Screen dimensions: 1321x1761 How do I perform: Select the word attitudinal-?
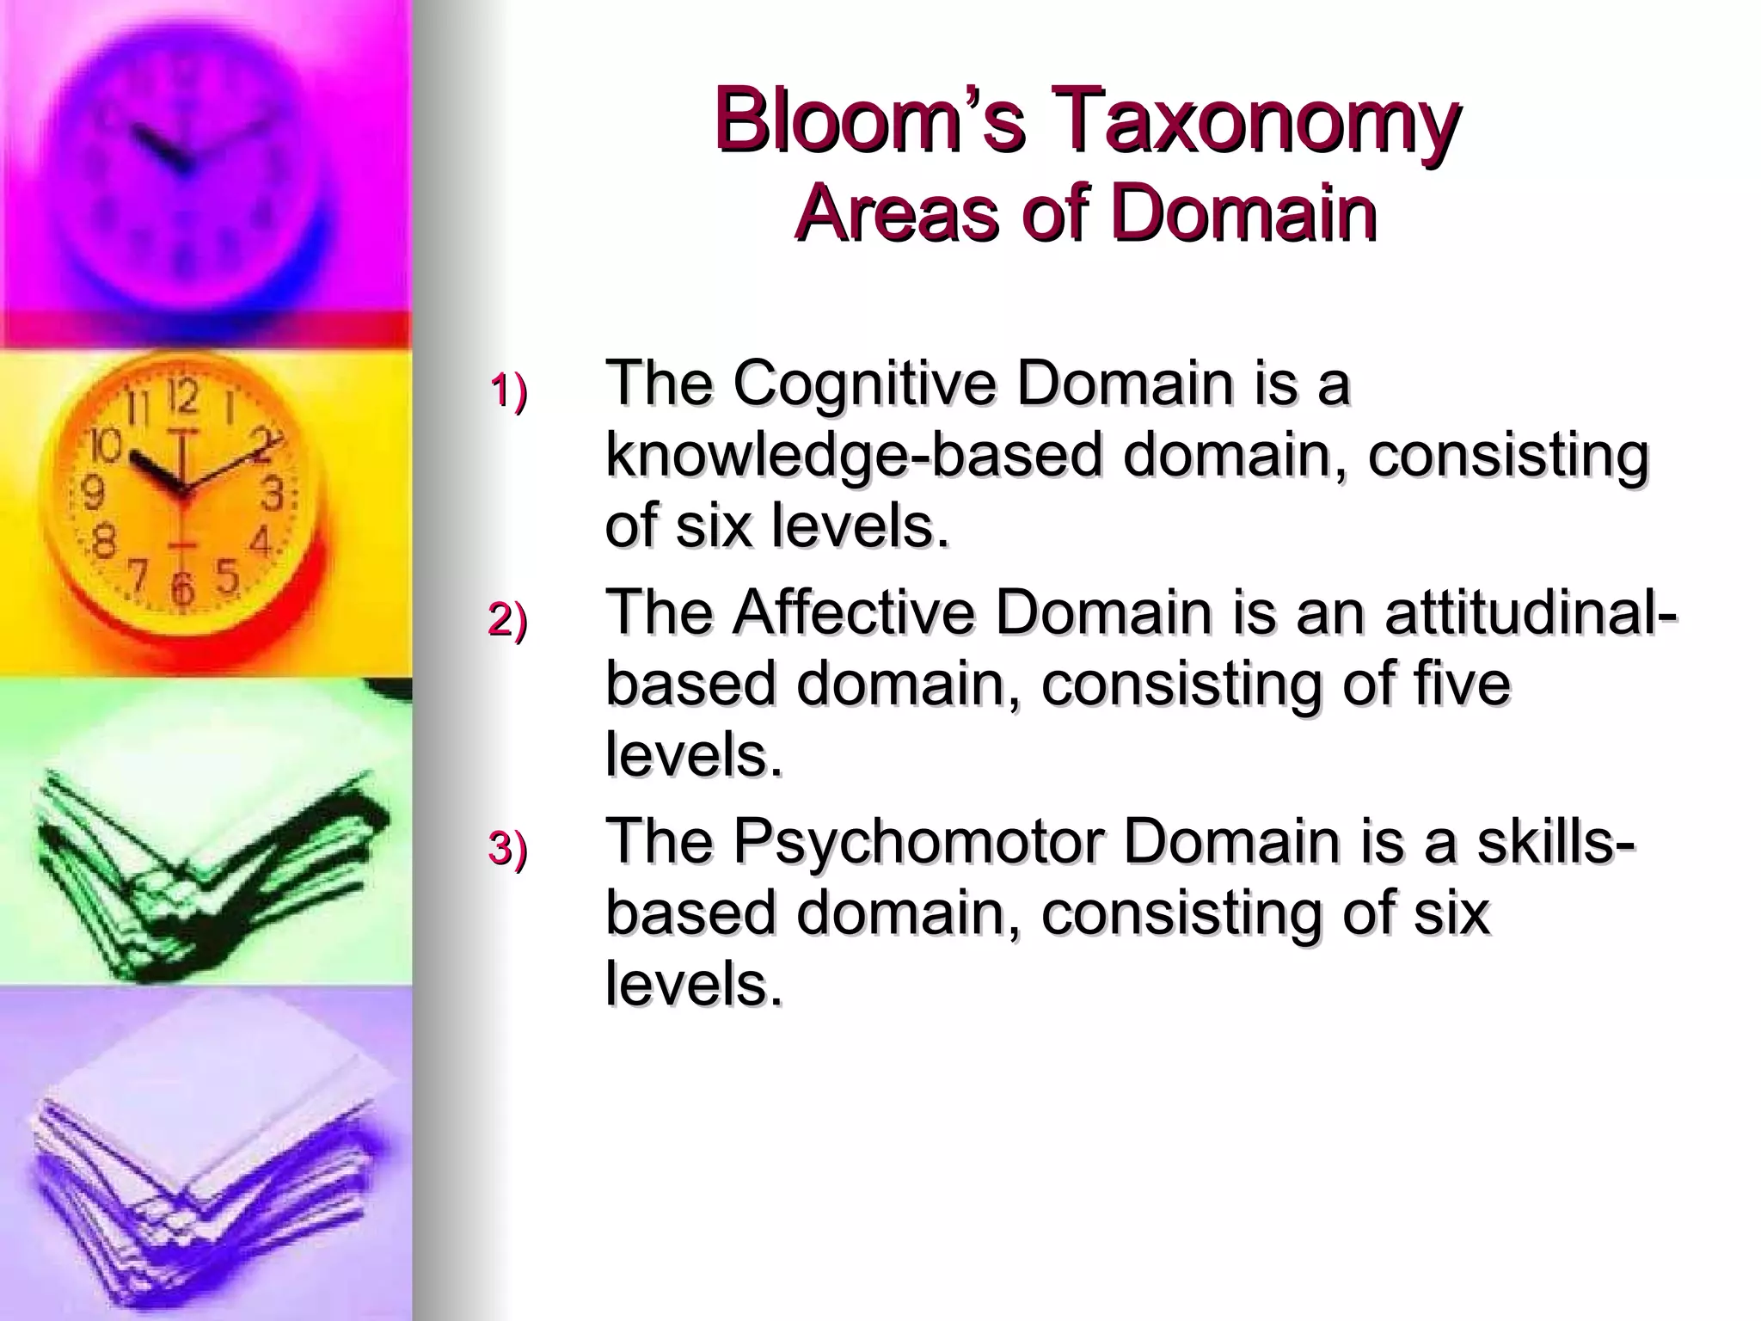coord(1531,612)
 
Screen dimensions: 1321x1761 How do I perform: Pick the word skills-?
coord(1556,841)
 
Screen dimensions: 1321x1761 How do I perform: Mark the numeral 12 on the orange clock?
coord(183,397)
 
